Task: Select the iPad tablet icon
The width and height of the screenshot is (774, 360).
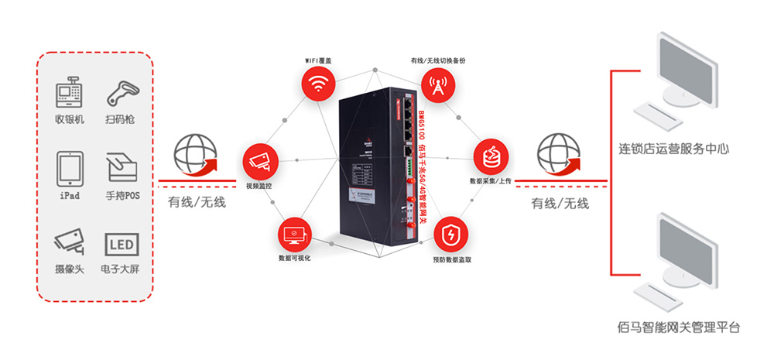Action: coord(70,168)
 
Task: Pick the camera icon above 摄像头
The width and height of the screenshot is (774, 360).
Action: coord(70,242)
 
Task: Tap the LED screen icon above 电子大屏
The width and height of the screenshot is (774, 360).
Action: coord(122,245)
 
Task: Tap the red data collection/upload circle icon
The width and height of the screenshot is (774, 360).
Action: coord(491,156)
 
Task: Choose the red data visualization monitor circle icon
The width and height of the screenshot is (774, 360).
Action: coord(295,233)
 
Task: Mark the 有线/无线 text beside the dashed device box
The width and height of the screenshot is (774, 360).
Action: coord(197,204)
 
